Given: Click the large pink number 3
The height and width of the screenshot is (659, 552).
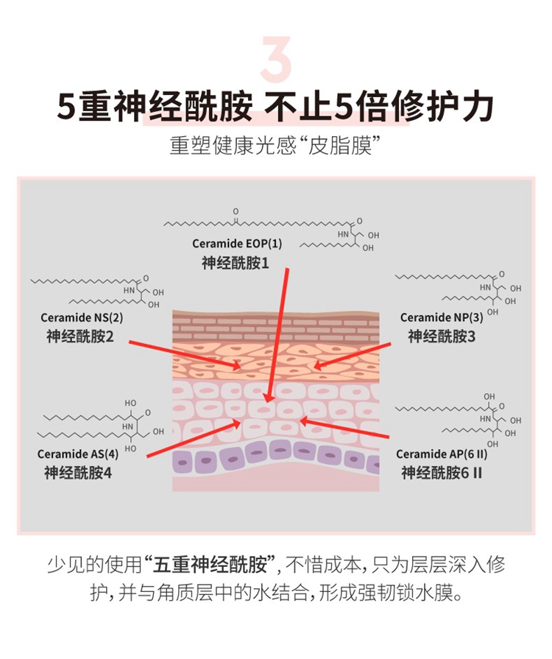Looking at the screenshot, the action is pos(276,59).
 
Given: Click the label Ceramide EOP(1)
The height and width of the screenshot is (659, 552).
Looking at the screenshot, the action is pos(237,244).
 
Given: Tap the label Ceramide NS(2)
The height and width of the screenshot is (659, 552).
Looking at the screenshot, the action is pos(82,318).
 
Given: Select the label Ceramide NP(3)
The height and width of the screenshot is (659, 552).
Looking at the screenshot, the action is pos(442,318).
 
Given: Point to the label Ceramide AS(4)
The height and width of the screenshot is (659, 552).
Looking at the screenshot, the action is pos(78,454).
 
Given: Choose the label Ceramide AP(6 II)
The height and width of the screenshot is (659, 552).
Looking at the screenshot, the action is pos(442,454).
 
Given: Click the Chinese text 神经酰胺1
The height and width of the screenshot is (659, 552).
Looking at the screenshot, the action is pos(236,263).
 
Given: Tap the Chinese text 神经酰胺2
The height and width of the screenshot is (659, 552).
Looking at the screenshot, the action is pos(80,336).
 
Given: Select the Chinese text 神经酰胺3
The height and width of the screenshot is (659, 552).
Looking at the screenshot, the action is pos(442,336).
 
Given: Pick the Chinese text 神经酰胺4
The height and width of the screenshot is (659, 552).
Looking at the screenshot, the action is pos(78,473).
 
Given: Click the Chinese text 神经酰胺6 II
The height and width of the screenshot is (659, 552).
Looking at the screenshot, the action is pos(442,473).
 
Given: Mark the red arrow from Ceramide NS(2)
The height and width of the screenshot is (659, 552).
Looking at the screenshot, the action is pos(185,355).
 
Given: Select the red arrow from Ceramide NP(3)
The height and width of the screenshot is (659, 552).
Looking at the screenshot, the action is pos(352,356).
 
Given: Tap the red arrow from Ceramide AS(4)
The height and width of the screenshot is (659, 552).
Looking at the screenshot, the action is pos(194,439).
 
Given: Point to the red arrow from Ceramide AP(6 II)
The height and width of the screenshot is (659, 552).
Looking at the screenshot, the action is pos(344,428).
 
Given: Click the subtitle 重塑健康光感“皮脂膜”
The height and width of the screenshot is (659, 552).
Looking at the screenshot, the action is pos(275,145).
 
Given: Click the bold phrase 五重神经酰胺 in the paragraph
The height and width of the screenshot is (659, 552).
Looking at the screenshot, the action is pos(210,565).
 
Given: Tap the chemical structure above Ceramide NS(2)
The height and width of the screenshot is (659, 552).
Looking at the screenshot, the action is pos(97,292).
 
